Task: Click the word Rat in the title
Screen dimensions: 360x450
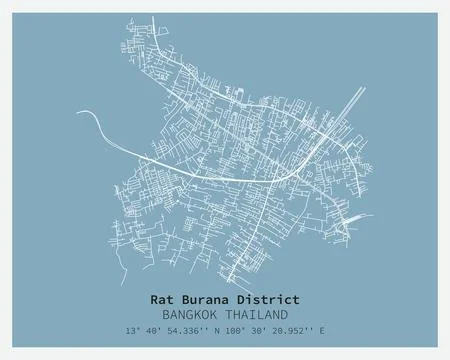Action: coord(163,298)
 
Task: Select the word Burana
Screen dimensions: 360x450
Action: coord(208,298)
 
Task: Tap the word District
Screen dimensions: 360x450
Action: coord(269,298)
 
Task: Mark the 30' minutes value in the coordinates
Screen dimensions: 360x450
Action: coord(269,330)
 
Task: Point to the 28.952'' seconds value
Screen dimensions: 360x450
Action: coord(303,330)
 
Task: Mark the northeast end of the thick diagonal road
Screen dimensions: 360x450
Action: coord(364,88)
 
